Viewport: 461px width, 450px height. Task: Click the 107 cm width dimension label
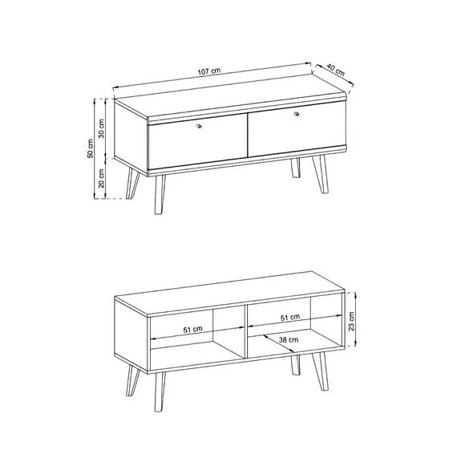(x=210, y=72)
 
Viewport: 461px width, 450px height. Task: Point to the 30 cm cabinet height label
(x=102, y=128)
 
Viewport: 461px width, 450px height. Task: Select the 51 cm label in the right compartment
(x=291, y=318)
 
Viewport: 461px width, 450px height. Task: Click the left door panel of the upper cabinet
(x=196, y=143)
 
